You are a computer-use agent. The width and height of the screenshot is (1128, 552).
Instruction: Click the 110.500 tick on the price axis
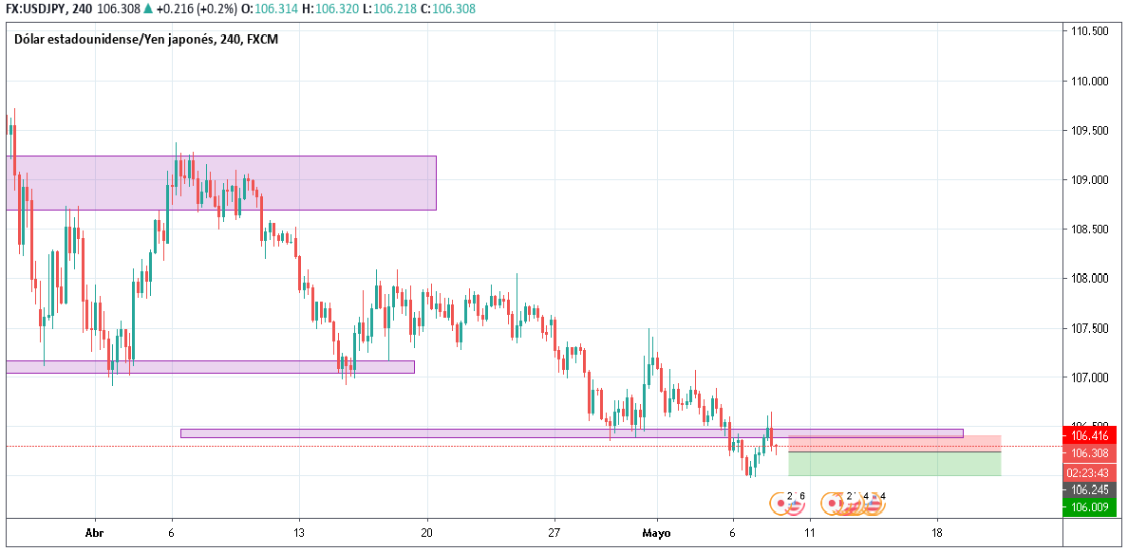(x=1090, y=31)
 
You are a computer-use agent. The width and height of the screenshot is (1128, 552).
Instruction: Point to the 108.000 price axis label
(x=1090, y=279)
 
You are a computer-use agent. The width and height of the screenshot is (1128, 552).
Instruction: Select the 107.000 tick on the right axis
(x=1090, y=377)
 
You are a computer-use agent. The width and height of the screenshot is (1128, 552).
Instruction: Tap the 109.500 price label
(x=1090, y=131)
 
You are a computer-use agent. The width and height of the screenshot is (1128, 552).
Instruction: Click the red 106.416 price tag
(x=1090, y=436)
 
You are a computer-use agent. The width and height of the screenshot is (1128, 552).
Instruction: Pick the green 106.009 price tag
(x=1090, y=507)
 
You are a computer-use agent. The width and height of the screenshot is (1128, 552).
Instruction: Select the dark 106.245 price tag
(x=1090, y=489)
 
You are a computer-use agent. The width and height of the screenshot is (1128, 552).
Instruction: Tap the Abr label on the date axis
(x=94, y=533)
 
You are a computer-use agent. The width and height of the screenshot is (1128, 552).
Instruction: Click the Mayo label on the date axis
(x=656, y=533)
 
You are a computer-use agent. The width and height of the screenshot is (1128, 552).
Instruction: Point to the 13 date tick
(x=299, y=533)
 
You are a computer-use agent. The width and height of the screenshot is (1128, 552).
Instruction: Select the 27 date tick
(x=555, y=533)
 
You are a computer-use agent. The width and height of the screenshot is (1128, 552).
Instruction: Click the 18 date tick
(x=937, y=533)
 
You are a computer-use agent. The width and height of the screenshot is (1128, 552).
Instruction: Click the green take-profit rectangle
(x=893, y=463)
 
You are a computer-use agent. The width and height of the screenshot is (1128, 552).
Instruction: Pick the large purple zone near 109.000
(x=220, y=182)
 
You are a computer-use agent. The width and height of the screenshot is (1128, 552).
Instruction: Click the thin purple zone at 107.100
(x=210, y=366)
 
